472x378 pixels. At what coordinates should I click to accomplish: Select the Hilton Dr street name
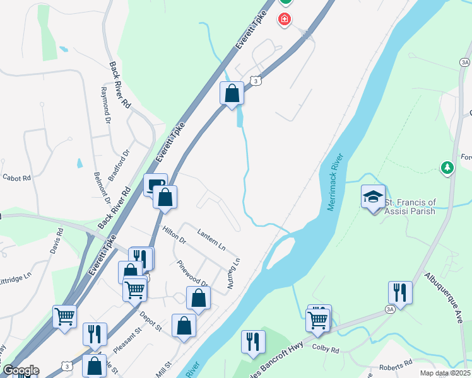coord(174,235)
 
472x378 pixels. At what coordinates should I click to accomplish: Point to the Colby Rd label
coord(327,350)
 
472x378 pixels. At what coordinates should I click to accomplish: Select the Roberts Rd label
coord(395,365)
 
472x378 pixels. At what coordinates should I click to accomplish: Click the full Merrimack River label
coord(337,182)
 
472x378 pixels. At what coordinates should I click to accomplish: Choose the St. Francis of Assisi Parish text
coord(410,207)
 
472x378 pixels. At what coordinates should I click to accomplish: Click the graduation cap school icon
coord(372,197)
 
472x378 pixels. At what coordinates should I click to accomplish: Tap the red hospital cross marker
coord(285,20)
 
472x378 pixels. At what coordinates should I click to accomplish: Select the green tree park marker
coord(447,167)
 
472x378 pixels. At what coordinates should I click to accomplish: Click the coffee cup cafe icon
coord(156,185)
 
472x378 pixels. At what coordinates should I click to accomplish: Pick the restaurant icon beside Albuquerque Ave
coord(400,292)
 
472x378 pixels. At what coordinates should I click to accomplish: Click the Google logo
coord(21,370)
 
